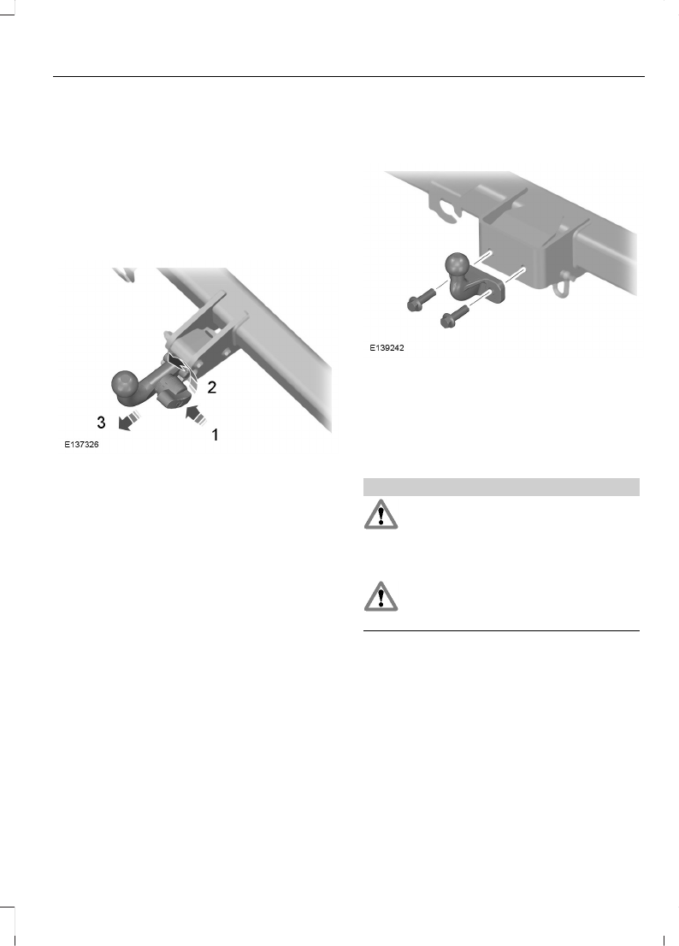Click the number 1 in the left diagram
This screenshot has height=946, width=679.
point(215,435)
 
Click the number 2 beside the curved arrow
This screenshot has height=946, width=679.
point(212,387)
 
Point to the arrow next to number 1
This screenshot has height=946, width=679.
point(194,416)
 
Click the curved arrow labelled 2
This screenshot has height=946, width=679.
point(182,369)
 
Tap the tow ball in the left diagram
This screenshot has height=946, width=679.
point(125,386)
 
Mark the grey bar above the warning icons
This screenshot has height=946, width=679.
point(502,487)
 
